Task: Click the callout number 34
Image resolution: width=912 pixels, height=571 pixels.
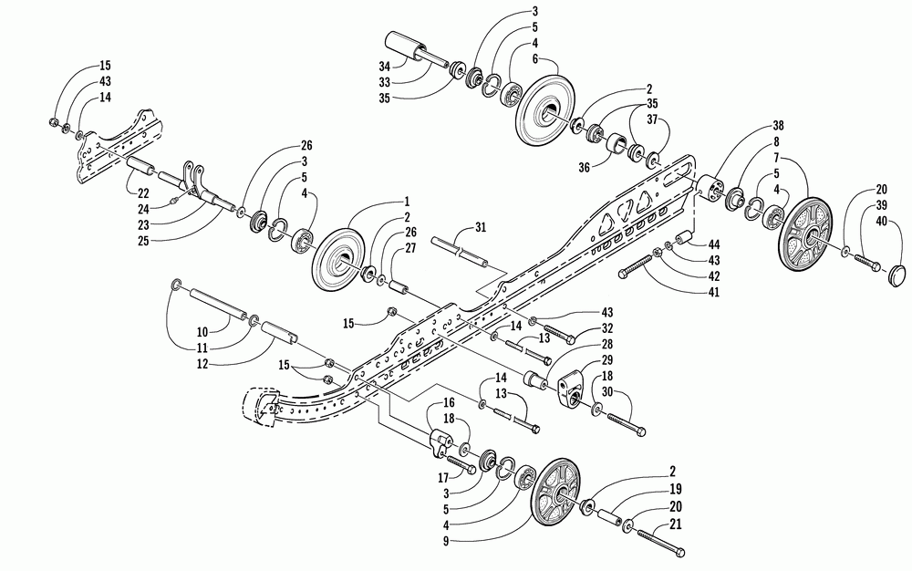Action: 384,66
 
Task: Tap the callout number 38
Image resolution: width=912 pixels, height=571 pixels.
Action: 779,125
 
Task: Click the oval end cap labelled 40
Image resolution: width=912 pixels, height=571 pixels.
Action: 896,272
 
